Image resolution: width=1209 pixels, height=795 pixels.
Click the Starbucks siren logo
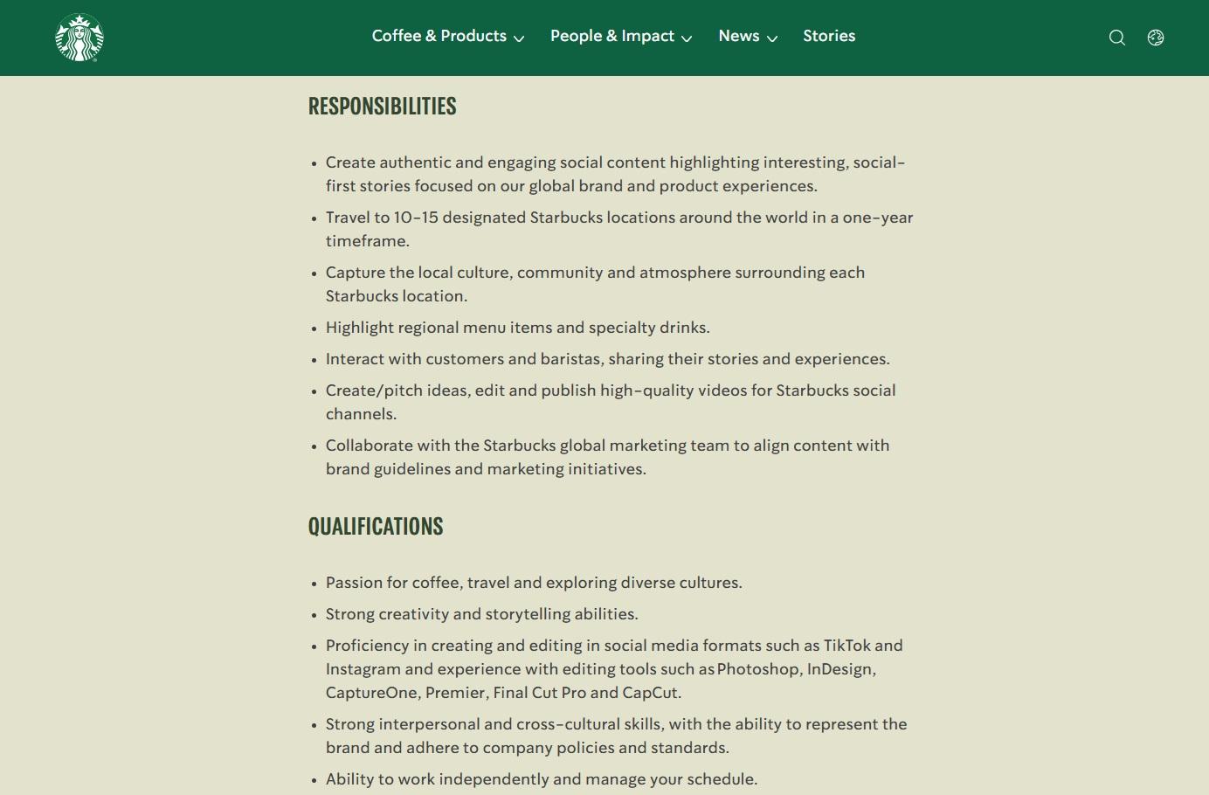click(79, 38)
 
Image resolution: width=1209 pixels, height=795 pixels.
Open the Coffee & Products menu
click(447, 37)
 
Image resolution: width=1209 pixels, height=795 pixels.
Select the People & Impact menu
click(620, 37)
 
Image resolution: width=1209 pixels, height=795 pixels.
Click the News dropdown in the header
click(747, 37)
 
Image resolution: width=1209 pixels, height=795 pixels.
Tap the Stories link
click(829, 37)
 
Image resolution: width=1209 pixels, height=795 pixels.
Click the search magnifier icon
click(1116, 38)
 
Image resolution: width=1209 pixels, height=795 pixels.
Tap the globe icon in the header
click(1156, 38)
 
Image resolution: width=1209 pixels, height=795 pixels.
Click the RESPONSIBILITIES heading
click(383, 107)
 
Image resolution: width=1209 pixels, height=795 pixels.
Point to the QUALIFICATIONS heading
click(376, 527)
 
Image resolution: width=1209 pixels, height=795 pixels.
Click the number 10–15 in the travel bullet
click(416, 218)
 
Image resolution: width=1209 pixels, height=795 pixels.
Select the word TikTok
click(846, 646)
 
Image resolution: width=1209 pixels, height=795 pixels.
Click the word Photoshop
click(758, 669)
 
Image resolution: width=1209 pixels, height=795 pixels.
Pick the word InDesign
click(839, 669)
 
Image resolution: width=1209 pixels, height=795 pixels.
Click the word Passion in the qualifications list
click(354, 583)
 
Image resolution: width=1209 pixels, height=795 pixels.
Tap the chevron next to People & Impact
click(687, 38)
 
